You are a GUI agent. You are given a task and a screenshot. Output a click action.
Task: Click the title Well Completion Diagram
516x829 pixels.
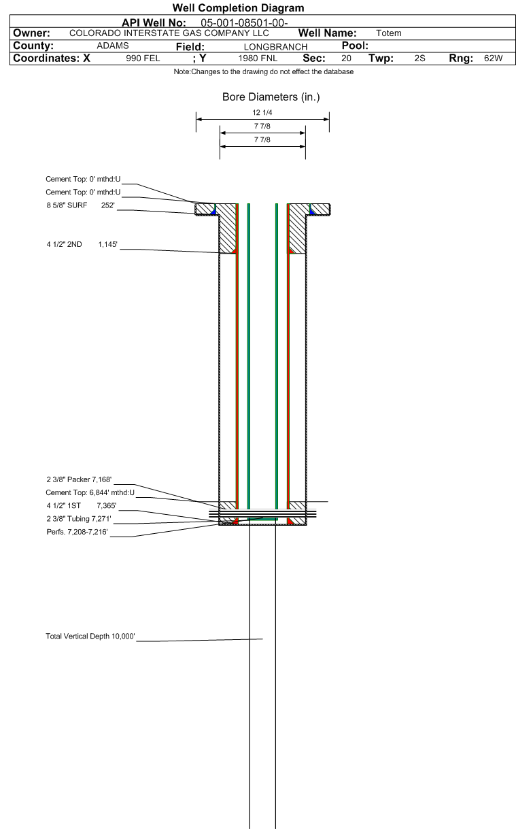click(x=238, y=8)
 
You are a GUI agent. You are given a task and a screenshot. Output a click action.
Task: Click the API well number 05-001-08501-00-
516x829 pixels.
click(x=244, y=22)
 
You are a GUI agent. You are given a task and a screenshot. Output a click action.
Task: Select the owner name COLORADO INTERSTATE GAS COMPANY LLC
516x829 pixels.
click(x=169, y=33)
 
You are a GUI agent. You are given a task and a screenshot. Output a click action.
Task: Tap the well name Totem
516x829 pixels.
click(x=388, y=33)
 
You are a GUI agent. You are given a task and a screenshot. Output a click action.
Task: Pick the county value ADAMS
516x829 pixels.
click(x=113, y=46)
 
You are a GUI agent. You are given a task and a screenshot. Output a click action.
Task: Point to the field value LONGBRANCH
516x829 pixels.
click(x=275, y=46)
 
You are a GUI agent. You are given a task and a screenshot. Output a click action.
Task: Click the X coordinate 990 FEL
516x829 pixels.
click(x=143, y=58)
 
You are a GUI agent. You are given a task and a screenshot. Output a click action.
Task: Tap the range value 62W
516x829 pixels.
click(x=493, y=58)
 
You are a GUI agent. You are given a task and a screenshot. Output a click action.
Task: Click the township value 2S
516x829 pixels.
click(x=419, y=58)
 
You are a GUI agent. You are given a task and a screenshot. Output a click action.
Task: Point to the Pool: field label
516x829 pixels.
click(x=354, y=46)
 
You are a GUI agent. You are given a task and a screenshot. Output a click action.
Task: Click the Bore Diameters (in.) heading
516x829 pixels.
click(x=271, y=97)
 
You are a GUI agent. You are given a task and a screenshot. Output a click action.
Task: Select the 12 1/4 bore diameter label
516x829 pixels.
click(x=262, y=113)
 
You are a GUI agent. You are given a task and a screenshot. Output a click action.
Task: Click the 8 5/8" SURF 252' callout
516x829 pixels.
click(x=80, y=205)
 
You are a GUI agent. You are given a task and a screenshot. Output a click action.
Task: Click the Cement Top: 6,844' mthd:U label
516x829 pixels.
click(x=90, y=492)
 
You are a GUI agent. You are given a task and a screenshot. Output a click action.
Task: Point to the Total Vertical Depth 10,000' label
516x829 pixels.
click(x=90, y=637)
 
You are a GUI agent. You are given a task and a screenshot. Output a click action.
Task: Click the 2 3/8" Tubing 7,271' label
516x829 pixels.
click(x=78, y=518)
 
